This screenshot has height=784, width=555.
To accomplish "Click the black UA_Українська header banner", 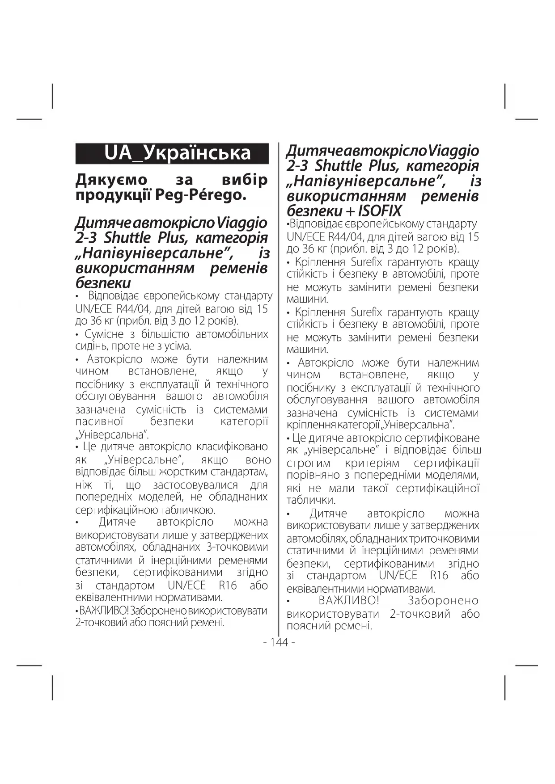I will (172, 153).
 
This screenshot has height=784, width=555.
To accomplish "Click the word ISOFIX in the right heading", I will (380, 211).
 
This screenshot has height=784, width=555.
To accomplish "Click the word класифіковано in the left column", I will (233, 447).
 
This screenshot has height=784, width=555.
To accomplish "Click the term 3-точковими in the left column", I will (237, 547).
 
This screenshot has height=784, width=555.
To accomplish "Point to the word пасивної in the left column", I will (99, 422).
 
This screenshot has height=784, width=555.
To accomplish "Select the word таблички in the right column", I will (310, 501).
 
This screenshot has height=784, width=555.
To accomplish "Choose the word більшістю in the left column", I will (163, 334).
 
